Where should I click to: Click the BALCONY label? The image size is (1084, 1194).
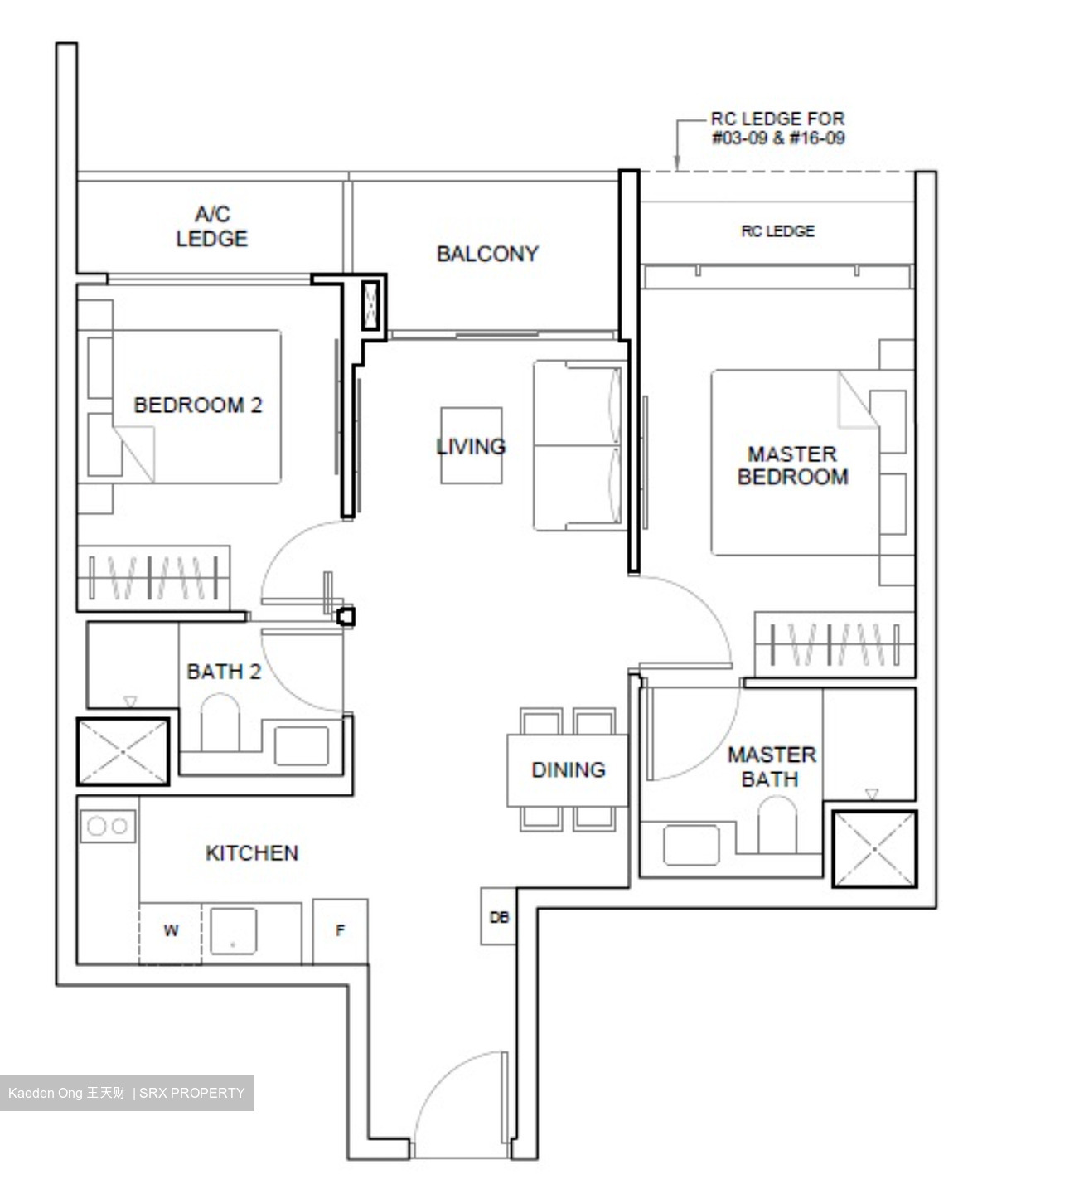(487, 254)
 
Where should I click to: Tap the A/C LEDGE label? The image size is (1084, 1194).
(211, 226)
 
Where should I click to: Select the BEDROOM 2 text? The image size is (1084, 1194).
(197, 405)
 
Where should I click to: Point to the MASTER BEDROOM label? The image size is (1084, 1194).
(792, 465)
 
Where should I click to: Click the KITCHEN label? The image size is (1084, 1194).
(251, 853)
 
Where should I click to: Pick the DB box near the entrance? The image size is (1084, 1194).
(499, 917)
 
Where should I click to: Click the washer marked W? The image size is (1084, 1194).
(171, 932)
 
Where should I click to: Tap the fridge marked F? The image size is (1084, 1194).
(340, 932)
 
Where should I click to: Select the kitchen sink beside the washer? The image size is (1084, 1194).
(233, 931)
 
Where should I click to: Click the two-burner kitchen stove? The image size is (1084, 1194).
(108, 826)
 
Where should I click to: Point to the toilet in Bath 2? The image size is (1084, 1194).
(220, 723)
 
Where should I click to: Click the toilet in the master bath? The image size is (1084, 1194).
(777, 825)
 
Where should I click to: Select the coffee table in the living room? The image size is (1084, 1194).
(471, 445)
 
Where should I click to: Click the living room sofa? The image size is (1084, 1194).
(578, 445)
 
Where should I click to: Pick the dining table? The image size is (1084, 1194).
(568, 770)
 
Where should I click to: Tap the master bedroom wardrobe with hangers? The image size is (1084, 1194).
(834, 644)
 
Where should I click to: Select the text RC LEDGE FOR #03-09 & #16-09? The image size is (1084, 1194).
(777, 129)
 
